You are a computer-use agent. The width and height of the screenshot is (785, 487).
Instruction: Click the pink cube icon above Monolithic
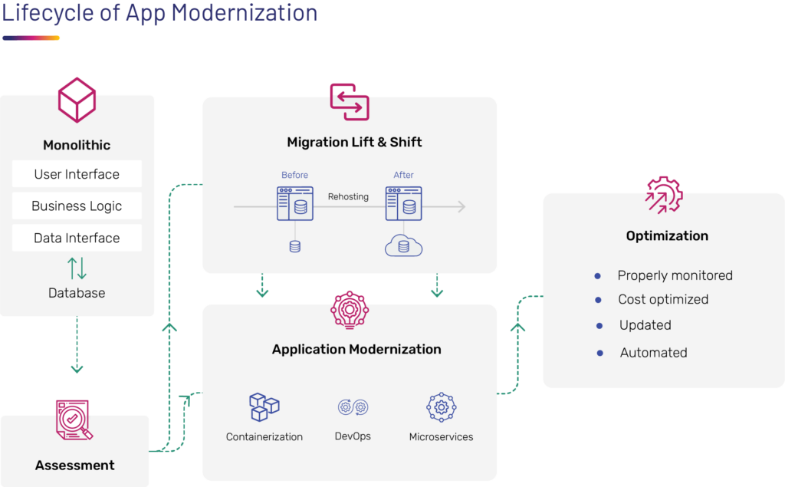point(77,100)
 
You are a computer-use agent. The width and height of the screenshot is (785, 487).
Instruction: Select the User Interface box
point(77,174)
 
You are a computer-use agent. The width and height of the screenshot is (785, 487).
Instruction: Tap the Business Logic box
point(77,206)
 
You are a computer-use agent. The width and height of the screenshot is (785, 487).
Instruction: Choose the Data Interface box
point(77,238)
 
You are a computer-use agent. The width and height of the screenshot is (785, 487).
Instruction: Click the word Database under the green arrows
point(77,293)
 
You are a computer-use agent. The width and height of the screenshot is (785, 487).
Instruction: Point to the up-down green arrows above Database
point(77,268)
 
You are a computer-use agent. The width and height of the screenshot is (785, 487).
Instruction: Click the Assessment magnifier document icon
point(74,420)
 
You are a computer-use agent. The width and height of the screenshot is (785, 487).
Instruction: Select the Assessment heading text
point(75,466)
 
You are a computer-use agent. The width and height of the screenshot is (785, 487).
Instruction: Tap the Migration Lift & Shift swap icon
point(350,102)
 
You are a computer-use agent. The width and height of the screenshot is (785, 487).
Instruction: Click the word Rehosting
point(348,197)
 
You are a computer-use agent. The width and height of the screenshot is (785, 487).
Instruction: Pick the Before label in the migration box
point(294,175)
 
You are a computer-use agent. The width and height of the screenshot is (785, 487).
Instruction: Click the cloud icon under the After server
point(403,245)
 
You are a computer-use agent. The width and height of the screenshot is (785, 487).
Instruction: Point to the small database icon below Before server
point(294,246)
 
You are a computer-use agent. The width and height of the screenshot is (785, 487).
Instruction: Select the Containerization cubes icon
point(264,406)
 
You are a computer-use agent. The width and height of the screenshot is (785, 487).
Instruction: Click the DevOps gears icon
point(353,407)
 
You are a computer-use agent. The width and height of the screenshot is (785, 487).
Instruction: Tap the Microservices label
point(441,437)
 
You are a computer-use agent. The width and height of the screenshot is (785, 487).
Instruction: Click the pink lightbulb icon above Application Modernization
point(350,310)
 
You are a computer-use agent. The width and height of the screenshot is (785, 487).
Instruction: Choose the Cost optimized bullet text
point(663,300)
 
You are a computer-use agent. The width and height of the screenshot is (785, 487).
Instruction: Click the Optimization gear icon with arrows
point(664,195)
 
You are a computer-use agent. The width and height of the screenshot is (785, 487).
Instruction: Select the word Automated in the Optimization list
point(653,353)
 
